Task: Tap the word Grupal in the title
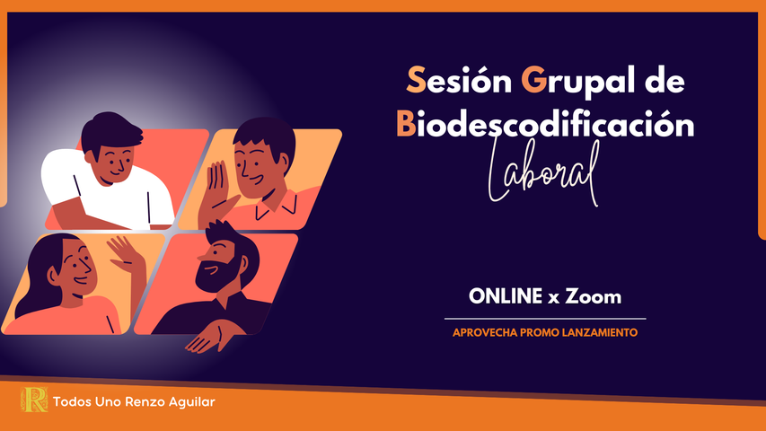[x=576, y=82]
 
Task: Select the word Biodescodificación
[x=545, y=126]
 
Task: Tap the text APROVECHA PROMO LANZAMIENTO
[x=545, y=332]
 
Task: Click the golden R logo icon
[x=34, y=400]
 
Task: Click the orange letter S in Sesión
[x=415, y=82]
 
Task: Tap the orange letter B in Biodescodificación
[x=406, y=126]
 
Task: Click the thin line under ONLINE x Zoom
[x=545, y=318]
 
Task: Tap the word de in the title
[x=665, y=82]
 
